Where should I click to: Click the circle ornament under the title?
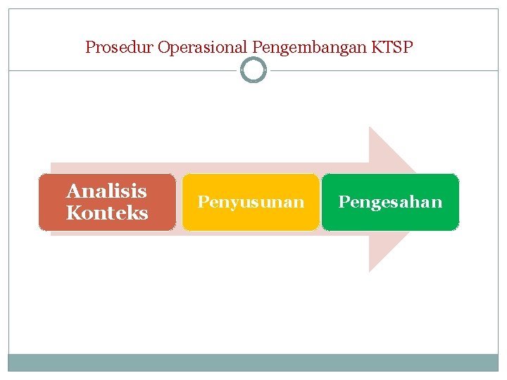(x=254, y=70)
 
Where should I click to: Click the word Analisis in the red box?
(x=106, y=191)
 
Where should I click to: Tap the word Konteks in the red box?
(x=107, y=213)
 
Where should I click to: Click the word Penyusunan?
(x=251, y=203)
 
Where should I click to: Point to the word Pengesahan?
(x=390, y=203)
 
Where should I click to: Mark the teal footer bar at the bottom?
(x=254, y=362)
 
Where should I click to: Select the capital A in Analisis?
(x=73, y=191)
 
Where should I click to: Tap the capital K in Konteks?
(x=73, y=213)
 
